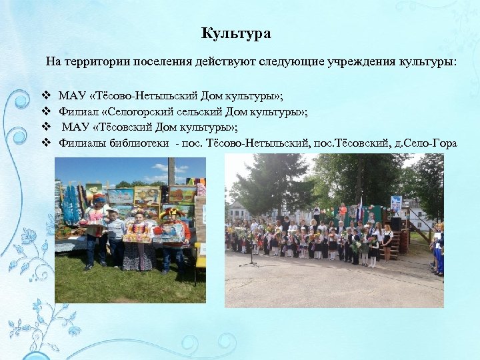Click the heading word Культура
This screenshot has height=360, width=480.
coord(236,33)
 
